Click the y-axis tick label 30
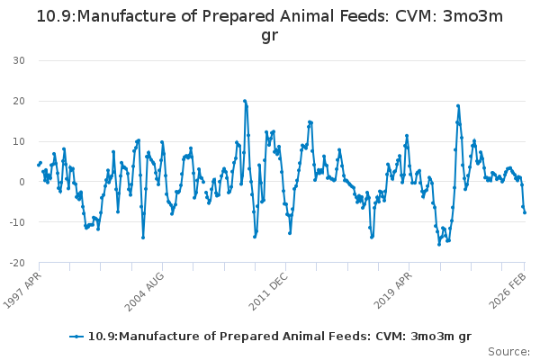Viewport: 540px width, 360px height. pos(18,60)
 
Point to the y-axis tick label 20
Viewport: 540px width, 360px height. pos(18,101)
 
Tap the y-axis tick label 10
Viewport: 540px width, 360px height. pos(18,141)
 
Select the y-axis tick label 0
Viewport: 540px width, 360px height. pos(21,182)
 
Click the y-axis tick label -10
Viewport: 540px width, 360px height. pos(16,222)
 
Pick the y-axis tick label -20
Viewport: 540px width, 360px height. pos(16,263)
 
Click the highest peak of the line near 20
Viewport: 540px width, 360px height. pos(245,101)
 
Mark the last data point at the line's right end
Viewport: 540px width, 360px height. pos(525,212)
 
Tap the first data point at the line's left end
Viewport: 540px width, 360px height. pos(38,165)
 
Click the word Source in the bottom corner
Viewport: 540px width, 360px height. pos(509,351)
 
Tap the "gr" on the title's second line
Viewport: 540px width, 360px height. pos(270,36)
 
